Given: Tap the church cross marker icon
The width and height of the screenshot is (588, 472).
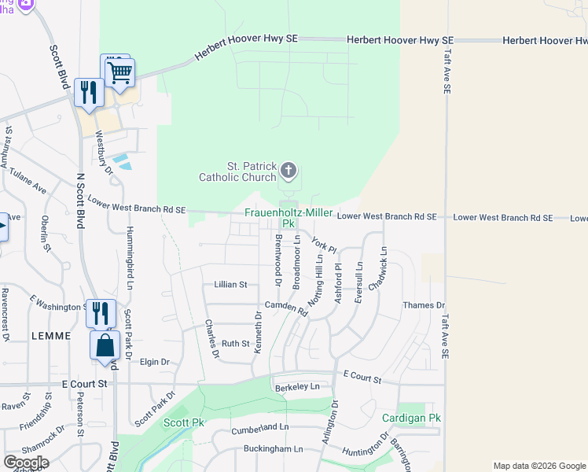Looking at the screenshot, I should (x=288, y=169).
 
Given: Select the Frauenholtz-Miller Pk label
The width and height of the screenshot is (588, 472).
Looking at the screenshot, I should (x=288, y=218).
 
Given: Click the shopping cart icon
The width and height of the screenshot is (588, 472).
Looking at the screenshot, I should (x=120, y=72).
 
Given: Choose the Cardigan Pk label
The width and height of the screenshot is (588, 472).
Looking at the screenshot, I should (x=408, y=418).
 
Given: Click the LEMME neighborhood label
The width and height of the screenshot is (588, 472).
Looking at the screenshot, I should (x=51, y=335).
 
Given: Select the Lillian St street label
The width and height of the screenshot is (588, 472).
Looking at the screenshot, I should (x=230, y=285).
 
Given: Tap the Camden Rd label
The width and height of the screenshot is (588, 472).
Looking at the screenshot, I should (x=285, y=307).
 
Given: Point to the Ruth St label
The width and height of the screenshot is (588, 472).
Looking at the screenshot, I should (x=235, y=344).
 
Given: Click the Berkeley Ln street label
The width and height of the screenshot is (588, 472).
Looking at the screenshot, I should (x=297, y=387).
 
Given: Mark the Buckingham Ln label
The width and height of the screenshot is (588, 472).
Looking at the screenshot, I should (x=271, y=449).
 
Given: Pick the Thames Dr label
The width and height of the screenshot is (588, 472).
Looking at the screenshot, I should (x=423, y=305).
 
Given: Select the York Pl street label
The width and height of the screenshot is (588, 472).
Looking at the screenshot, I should (x=324, y=245).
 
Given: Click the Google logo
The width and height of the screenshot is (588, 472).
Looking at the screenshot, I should (x=25, y=462).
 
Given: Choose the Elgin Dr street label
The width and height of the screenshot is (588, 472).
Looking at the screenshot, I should (x=154, y=363).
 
